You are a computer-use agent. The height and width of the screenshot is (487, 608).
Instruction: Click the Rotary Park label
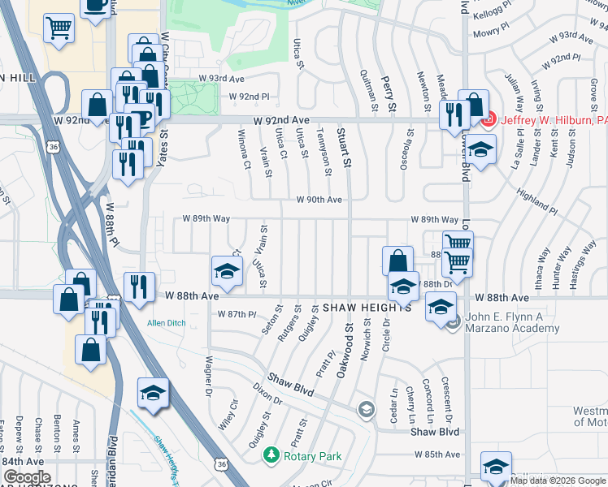pyautogui.click(x=314, y=456)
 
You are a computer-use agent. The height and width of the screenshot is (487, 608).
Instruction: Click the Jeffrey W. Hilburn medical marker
pyautogui.click(x=488, y=123)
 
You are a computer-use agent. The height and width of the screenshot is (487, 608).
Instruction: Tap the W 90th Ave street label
pyautogui.click(x=319, y=199)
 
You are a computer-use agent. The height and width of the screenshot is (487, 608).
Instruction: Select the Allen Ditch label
pyautogui.click(x=167, y=323)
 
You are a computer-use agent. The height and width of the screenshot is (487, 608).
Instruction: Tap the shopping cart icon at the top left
pyautogui.click(x=59, y=28)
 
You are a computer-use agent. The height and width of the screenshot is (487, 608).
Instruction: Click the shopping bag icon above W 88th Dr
pyautogui.click(x=397, y=261)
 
